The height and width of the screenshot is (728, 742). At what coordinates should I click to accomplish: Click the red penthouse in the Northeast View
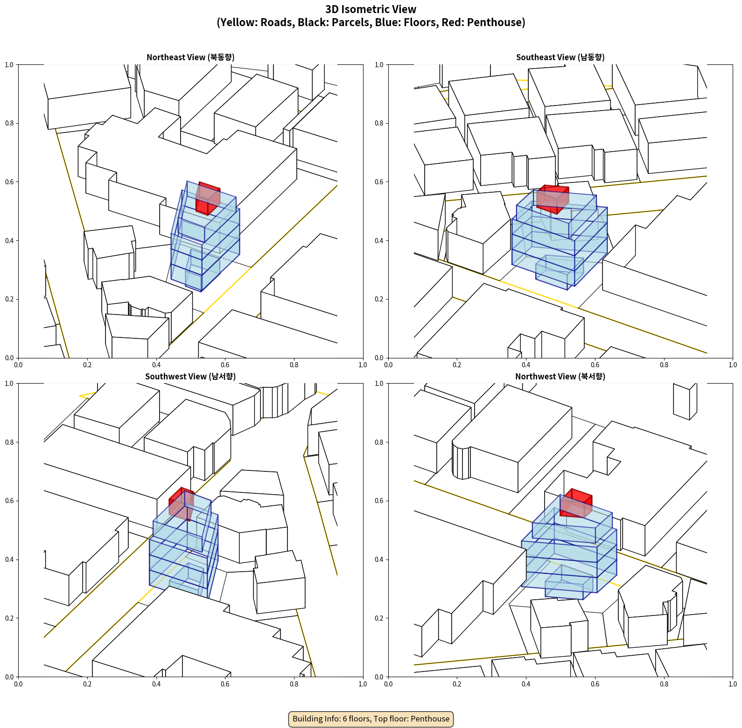[208, 198]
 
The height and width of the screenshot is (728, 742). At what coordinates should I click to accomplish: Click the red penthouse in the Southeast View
[553, 199]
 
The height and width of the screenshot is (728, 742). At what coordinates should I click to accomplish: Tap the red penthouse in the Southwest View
[182, 504]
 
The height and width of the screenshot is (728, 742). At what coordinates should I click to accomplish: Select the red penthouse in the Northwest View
[576, 503]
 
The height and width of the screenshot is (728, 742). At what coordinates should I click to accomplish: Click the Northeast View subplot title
[190, 57]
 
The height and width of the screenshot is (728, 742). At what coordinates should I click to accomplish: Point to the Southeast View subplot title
[560, 57]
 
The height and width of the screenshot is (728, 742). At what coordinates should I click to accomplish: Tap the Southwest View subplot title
[190, 376]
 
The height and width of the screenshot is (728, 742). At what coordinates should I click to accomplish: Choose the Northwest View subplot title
[560, 376]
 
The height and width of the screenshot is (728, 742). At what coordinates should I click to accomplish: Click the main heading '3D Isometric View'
[371, 9]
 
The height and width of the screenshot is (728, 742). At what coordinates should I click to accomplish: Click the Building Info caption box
[371, 719]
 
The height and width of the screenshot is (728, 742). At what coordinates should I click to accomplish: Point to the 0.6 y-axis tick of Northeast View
[9, 182]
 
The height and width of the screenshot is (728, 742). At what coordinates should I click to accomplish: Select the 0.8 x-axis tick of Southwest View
[294, 684]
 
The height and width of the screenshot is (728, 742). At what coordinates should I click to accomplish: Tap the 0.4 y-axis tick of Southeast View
[379, 241]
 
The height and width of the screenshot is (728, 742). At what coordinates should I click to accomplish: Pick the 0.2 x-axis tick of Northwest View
[457, 684]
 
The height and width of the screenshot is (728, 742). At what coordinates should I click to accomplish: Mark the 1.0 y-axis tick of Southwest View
[9, 384]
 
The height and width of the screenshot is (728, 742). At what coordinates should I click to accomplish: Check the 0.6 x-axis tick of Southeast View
[595, 365]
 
